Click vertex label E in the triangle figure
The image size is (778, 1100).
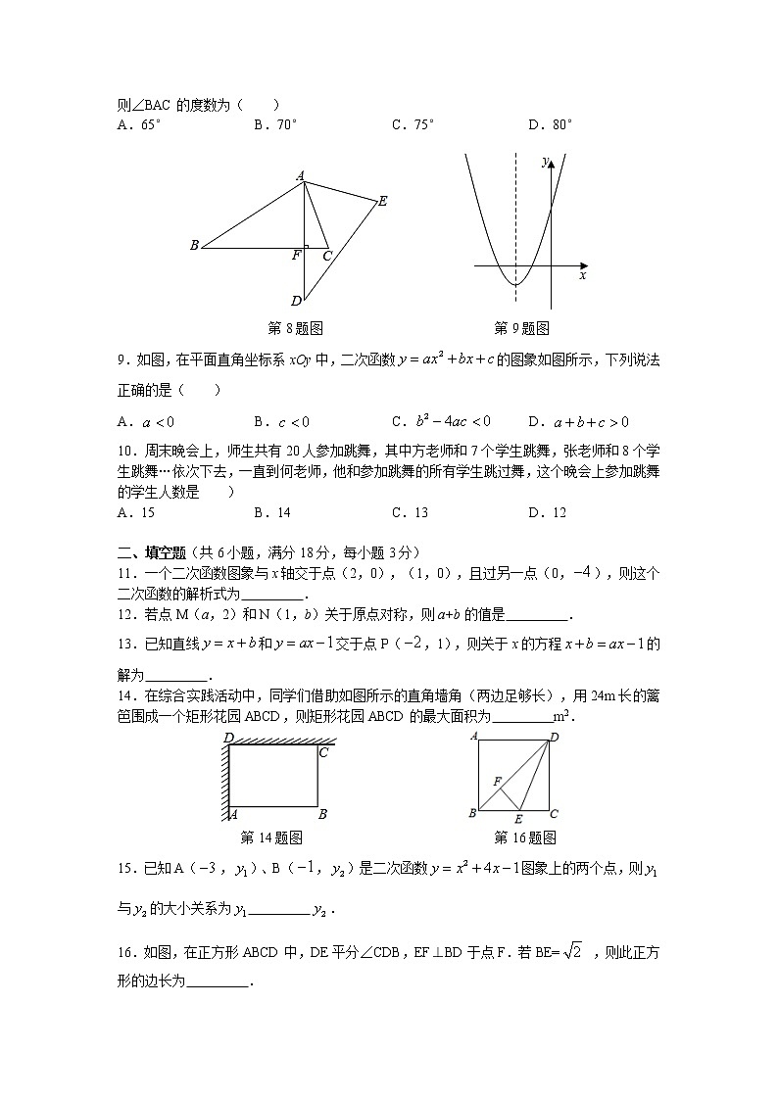(382, 201)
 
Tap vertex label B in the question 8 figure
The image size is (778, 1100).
(194, 246)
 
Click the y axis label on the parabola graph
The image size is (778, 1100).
(544, 163)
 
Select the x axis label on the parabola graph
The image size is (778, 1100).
(582, 276)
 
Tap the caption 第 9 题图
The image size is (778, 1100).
(521, 328)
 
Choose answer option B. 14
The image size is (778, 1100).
(271, 512)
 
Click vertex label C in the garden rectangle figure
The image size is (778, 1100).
(322, 752)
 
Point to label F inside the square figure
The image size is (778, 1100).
(497, 781)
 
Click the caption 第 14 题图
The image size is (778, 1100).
(270, 837)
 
